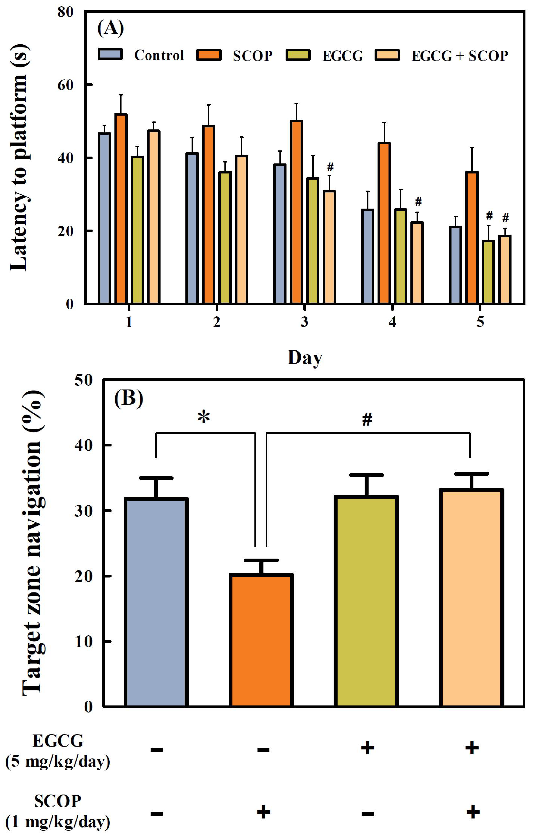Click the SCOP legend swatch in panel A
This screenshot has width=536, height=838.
point(209,55)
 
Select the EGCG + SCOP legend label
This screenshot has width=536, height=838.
point(459,56)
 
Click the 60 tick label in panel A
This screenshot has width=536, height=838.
point(65,85)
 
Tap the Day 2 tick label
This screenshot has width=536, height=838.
point(217,322)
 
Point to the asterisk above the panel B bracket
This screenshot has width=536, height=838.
point(204,417)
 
